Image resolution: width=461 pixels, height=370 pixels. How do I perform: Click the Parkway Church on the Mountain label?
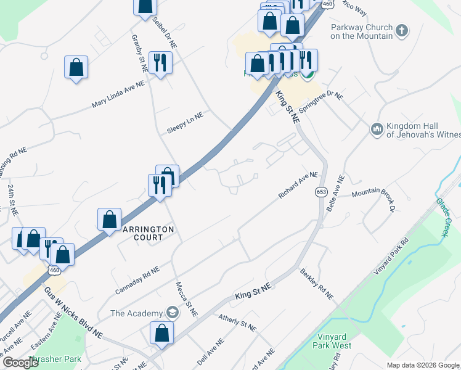click(361, 31)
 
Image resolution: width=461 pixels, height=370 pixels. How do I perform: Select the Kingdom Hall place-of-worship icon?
click(377, 129)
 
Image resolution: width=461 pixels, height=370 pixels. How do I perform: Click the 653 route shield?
click(321, 192)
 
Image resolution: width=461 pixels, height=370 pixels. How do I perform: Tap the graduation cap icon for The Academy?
click(172, 313)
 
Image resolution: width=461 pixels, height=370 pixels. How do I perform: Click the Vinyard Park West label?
click(334, 341)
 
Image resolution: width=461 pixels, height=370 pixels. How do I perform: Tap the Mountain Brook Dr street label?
click(373, 196)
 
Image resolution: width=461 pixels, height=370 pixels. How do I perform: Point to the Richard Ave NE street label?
click(298, 185)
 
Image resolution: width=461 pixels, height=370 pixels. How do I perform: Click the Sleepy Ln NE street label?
click(185, 121)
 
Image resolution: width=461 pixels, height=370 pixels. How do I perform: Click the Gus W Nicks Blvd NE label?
click(72, 313)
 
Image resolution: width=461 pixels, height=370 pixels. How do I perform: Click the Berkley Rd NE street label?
click(316, 284)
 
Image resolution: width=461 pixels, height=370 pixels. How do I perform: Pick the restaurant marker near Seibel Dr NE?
click(160, 63)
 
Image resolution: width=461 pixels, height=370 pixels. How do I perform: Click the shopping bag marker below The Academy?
click(161, 333)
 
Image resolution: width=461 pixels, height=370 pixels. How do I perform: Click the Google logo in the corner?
click(21, 363)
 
